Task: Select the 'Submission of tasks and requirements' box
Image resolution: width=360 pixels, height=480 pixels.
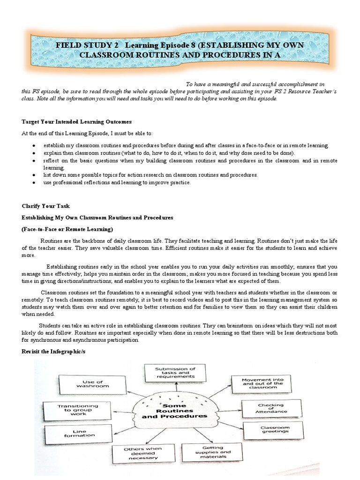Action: tap(176, 373)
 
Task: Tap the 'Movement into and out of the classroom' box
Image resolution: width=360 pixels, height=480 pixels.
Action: tap(262, 383)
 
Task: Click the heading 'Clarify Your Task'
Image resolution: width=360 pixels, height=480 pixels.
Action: tap(45, 206)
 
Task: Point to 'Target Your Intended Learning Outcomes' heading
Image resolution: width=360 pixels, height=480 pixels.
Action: tap(73, 122)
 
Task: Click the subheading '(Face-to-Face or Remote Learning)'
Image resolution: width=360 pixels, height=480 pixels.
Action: tap(67, 229)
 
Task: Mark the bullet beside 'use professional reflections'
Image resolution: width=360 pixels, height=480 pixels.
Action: tap(35, 183)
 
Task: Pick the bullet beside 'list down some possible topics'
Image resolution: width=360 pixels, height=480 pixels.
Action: tap(35, 175)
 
